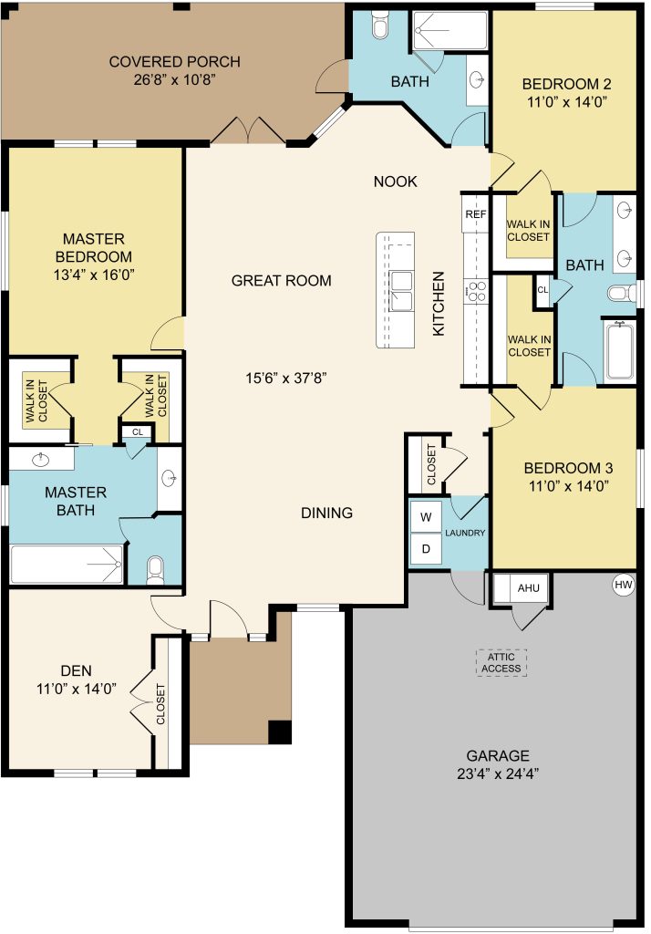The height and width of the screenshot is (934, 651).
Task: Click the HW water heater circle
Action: pyautogui.click(x=623, y=585)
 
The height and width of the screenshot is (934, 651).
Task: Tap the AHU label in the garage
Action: pyautogui.click(x=528, y=588)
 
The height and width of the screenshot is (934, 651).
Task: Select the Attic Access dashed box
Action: pyautogui.click(x=501, y=662)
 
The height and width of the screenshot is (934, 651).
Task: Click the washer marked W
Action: pyautogui.click(x=426, y=517)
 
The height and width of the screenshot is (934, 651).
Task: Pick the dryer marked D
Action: pyautogui.click(x=426, y=548)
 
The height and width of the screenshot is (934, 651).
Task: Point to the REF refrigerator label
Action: pyautogui.click(x=475, y=213)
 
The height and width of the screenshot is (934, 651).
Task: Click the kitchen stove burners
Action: pyautogui.click(x=476, y=292)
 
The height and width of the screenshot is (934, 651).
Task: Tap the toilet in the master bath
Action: pyautogui.click(x=155, y=569)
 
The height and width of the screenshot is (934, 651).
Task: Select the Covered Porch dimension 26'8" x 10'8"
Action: pyautogui.click(x=174, y=79)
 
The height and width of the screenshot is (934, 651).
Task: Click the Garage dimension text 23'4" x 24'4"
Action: pyautogui.click(x=498, y=773)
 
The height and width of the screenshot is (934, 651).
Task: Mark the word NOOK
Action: pyautogui.click(x=395, y=182)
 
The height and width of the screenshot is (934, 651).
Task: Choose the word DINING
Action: pyautogui.click(x=326, y=513)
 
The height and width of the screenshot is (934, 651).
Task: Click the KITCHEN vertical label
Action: pyautogui.click(x=439, y=304)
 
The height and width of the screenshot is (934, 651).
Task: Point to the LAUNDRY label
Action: pyautogui.click(x=465, y=533)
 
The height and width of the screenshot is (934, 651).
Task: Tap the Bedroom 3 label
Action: pyautogui.click(x=568, y=468)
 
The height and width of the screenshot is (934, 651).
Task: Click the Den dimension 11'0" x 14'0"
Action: pyautogui.click(x=77, y=689)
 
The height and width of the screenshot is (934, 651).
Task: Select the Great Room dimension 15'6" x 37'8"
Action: pyautogui.click(x=286, y=378)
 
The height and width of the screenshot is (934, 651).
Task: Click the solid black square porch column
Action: pyautogui.click(x=279, y=732)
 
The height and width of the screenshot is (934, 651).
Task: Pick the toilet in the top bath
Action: pyautogui.click(x=379, y=25)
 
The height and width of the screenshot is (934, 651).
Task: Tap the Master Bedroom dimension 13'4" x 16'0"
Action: pyautogui.click(x=94, y=275)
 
